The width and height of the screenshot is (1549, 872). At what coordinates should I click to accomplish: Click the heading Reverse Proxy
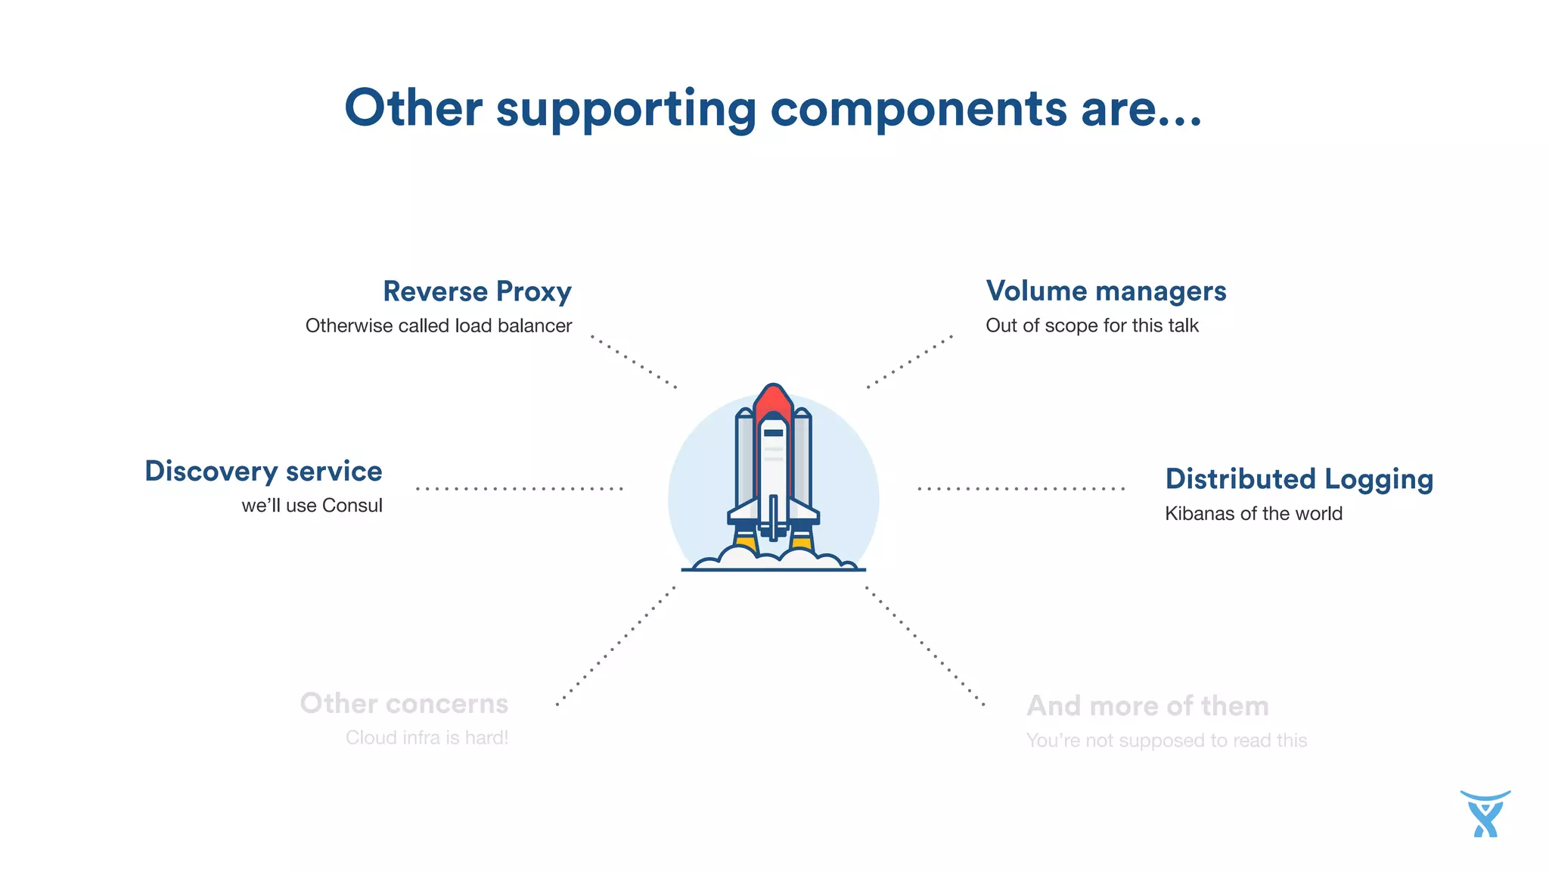pos(477,291)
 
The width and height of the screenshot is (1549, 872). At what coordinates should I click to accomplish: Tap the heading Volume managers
pos(1106,291)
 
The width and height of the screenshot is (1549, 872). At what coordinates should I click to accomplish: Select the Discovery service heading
pos(263,471)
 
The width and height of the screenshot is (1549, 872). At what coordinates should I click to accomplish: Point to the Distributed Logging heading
pos(1299,479)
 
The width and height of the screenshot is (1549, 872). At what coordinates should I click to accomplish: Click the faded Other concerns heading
pos(404,703)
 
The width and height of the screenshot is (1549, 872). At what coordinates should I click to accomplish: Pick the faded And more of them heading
pos(1147,705)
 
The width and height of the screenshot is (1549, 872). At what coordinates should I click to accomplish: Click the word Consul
pos(352,506)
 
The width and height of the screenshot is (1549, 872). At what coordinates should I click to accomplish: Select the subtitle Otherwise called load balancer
pos(439,325)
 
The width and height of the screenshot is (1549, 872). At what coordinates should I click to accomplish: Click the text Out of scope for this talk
pos(1092,325)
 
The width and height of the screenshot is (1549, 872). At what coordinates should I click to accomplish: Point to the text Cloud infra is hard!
pos(427,737)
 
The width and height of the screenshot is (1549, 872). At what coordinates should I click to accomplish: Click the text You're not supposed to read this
pos(1166,740)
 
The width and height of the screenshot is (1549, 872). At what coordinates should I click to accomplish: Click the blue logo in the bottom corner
pos(1485,814)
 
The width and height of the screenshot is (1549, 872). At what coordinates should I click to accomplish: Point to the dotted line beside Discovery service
pos(520,489)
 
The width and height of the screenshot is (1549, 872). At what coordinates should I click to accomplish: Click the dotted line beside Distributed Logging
pos(1021,489)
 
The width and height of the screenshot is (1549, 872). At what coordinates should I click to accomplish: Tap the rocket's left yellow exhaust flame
pos(746,543)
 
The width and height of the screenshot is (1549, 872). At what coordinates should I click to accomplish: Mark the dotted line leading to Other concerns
pos(616,646)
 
